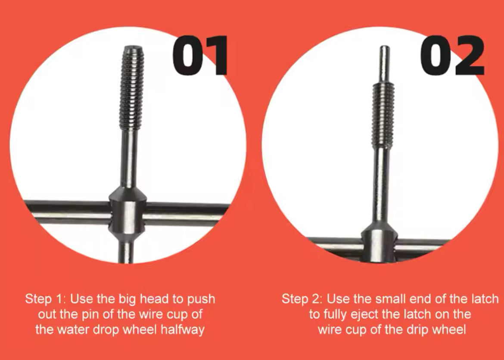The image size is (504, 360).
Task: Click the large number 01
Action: click(200, 56)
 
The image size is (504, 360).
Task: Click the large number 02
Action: click(452, 56)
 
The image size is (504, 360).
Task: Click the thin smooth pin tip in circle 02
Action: click(384, 63)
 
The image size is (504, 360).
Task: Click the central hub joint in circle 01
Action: click(128, 213)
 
